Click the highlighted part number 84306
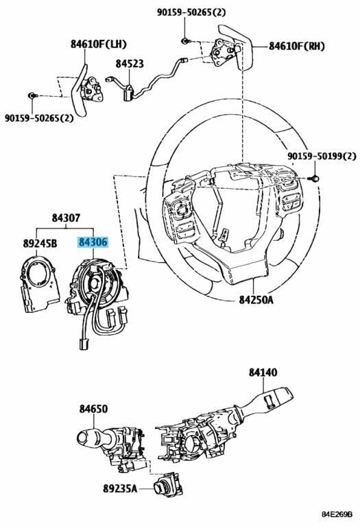tap(93, 242)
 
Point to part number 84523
tap(130, 63)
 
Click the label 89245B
tap(40, 242)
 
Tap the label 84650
tap(93, 409)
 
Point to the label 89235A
tap(120, 489)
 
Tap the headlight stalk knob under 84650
tap(90, 436)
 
